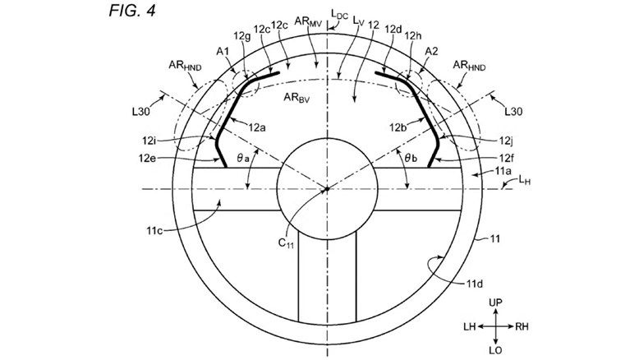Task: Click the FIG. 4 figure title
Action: tap(132, 11)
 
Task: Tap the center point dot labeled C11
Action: tap(326, 189)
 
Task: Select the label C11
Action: tap(286, 243)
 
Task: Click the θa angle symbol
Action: tap(242, 158)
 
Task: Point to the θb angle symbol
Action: tap(411, 158)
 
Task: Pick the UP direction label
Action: tap(495, 302)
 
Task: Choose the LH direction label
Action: tap(470, 326)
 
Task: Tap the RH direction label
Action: tap(522, 326)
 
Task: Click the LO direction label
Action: tap(495, 350)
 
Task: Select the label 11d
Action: tap(475, 284)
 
